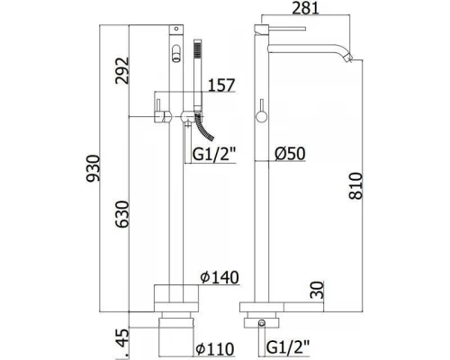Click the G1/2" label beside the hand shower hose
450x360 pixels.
pos(215,155)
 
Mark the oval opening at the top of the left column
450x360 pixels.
pos(175,50)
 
